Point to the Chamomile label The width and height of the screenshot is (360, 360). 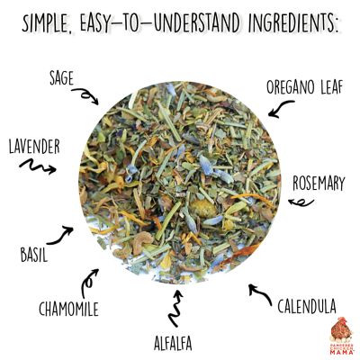pyautogui.click(x=68, y=310)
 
